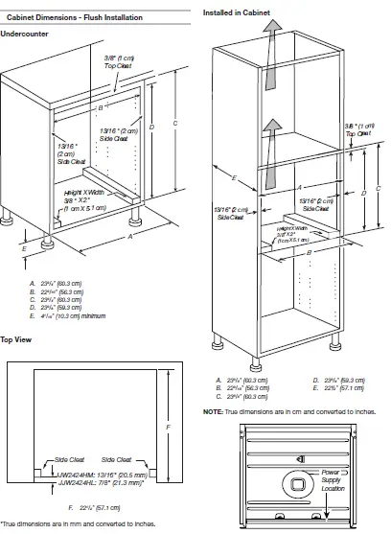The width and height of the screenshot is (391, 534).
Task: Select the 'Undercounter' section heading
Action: (x=25, y=35)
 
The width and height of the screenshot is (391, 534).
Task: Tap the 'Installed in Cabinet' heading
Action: (x=235, y=10)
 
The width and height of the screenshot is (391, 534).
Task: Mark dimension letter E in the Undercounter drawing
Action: (x=26, y=247)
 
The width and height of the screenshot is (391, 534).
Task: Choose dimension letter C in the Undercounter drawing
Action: (x=172, y=124)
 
